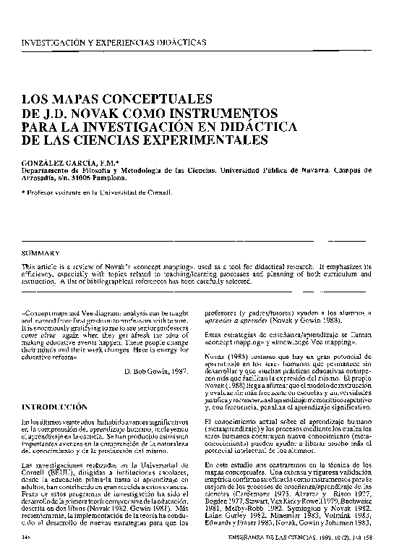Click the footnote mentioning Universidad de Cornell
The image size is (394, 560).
pyautogui.click(x=98, y=193)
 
